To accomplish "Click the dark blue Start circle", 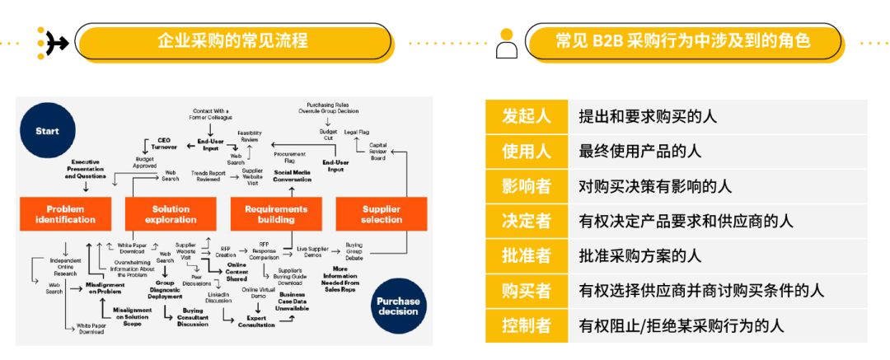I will coord(47,131).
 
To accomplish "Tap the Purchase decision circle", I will coord(398,306).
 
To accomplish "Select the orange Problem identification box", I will coord(65,214).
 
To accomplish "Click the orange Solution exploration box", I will coord(171,214).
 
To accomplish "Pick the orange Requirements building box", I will coord(276,214).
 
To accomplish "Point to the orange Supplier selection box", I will coord(382,214).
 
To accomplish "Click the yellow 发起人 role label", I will coord(527,116).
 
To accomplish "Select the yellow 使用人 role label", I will coord(527,152).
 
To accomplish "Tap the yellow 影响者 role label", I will coord(527,186).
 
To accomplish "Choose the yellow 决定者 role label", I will coord(527,221).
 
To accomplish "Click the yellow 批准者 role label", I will coord(527,255).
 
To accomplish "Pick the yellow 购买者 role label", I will coord(527,291).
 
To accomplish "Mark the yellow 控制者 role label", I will coord(527,325).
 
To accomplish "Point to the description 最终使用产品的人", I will coord(639,152).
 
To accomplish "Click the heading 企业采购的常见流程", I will coord(232,40).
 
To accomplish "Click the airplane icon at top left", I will coord(55,40).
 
